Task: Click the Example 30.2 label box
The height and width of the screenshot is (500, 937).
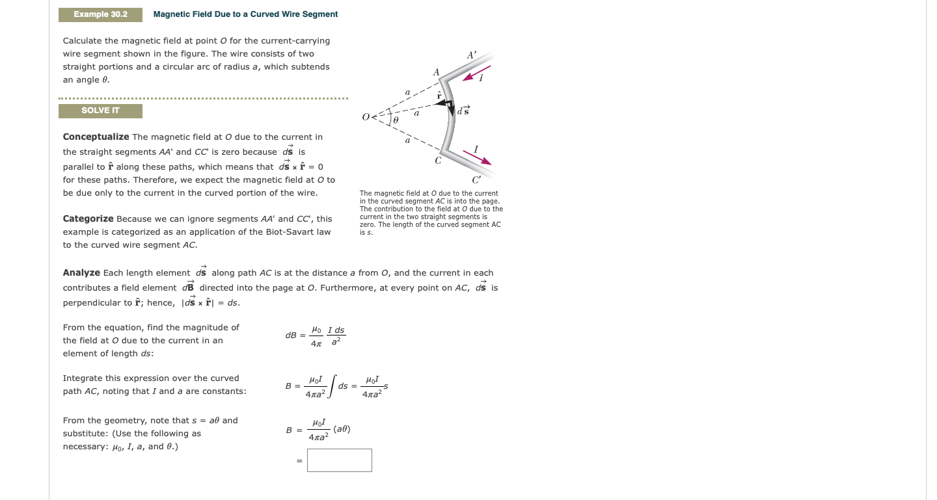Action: click(x=100, y=14)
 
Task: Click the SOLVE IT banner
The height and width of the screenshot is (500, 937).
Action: click(x=100, y=111)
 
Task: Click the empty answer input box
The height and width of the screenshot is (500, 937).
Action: click(x=339, y=460)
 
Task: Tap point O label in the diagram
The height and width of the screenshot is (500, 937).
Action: click(x=366, y=118)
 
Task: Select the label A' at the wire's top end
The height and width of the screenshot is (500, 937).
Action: click(x=471, y=56)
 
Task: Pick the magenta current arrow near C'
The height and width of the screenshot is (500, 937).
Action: click(x=477, y=157)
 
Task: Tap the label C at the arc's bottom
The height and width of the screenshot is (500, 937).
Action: click(x=439, y=160)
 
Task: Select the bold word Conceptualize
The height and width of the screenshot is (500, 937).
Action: click(x=96, y=137)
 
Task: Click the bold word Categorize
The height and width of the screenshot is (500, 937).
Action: click(x=88, y=219)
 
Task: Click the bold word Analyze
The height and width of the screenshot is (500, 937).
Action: click(x=81, y=273)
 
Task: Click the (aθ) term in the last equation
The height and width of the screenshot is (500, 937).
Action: click(x=342, y=430)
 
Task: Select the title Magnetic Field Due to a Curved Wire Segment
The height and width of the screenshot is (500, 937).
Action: click(x=245, y=14)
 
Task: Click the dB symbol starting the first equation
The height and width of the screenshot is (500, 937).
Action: click(x=290, y=336)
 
